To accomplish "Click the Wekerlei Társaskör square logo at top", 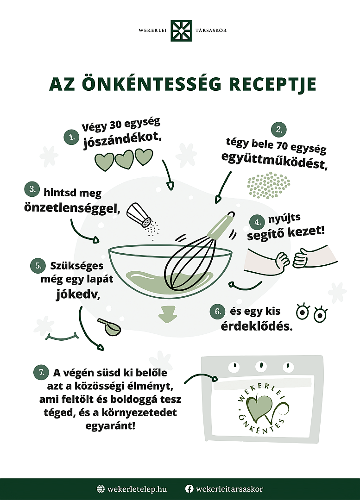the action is [x=181, y=31].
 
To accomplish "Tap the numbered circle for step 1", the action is [x=71, y=137].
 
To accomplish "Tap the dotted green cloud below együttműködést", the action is [x=269, y=185].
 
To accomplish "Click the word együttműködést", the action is [x=274, y=161].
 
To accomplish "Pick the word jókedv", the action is [x=78, y=294].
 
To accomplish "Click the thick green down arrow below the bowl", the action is [x=168, y=314].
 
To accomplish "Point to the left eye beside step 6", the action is [x=302, y=312].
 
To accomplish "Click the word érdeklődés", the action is [x=257, y=326].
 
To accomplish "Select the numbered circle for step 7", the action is [x=41, y=372].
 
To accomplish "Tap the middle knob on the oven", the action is [x=261, y=366].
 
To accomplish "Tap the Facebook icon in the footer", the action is [x=189, y=489].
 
